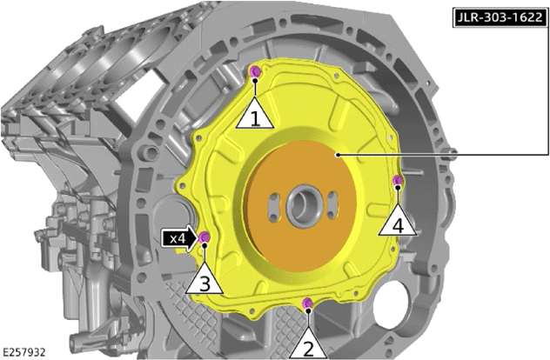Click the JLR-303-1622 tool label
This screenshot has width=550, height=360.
coord(500,17)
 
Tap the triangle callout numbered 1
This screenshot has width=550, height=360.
coord(255,114)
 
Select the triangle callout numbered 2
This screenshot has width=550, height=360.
coord(308,344)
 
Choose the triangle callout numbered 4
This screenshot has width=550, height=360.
coord(398,221)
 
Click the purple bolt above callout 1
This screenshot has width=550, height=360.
coord(255,71)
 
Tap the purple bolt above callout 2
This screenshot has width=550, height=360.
coord(307,302)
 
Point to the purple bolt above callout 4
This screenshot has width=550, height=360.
coord(398,180)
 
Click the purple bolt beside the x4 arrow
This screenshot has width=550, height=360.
coord(204,237)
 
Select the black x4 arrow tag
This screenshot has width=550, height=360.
coord(180,239)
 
